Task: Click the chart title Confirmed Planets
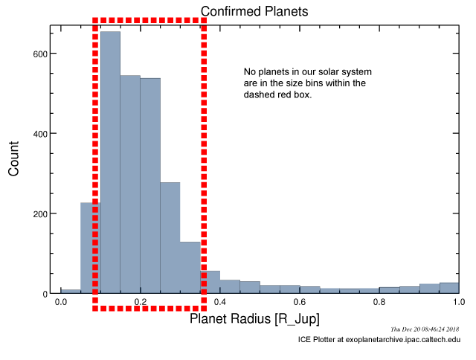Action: pyautogui.click(x=254, y=12)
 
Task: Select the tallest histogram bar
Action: pyautogui.click(x=110, y=162)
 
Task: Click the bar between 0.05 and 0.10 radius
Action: pyautogui.click(x=91, y=248)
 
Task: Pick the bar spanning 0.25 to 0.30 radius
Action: pyautogui.click(x=170, y=238)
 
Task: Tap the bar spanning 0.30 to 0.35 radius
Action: pyautogui.click(x=190, y=268)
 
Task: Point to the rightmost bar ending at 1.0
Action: pyautogui.click(x=449, y=288)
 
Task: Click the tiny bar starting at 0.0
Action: pyautogui.click(x=71, y=292)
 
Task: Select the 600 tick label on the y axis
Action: pyautogui.click(x=40, y=54)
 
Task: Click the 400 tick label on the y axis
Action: pyautogui.click(x=40, y=134)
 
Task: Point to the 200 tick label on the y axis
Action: pyautogui.click(x=40, y=214)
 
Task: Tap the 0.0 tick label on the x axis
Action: pyautogui.click(x=61, y=302)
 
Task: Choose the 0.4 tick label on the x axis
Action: pyautogui.click(x=220, y=302)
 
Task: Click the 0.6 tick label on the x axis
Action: pyautogui.click(x=299, y=302)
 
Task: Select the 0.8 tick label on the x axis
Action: pyautogui.click(x=379, y=302)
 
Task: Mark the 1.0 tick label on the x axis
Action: pyautogui.click(x=459, y=302)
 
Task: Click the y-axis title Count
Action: pyautogui.click(x=13, y=158)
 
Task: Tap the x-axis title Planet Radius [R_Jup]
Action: pyautogui.click(x=254, y=319)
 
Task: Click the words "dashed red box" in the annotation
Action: pyautogui.click(x=277, y=94)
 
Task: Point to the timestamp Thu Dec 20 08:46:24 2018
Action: pyautogui.click(x=425, y=330)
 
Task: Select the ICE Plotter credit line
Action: pyautogui.click(x=379, y=339)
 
